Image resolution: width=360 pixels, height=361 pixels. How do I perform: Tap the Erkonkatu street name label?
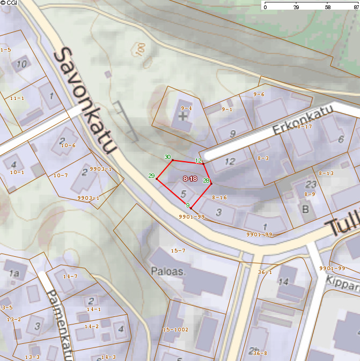coord(303,119)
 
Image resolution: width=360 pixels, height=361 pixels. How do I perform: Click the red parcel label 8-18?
coord(189,178)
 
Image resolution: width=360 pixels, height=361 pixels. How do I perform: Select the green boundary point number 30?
coord(167,157)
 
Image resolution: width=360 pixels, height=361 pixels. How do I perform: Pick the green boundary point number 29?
coord(151,176)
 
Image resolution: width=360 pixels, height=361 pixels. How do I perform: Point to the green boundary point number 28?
coord(206,180)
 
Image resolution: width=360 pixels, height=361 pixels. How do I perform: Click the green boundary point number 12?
coord(199,161)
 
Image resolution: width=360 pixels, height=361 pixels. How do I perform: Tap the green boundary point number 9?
coord(187,205)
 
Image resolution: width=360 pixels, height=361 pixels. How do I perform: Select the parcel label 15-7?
coord(178,251)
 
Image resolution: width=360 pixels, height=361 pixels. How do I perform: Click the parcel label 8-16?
coord(219,198)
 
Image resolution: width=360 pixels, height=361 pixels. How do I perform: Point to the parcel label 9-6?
coord(259,94)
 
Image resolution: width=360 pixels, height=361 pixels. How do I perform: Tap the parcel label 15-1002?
coord(175,329)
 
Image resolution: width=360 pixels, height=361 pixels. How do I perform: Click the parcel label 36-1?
coord(265,272)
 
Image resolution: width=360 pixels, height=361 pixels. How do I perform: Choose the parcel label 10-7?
coord(61,175)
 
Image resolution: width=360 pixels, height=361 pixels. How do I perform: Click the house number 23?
coord(311,183)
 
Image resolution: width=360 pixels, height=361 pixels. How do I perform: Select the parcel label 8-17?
coord(304,127)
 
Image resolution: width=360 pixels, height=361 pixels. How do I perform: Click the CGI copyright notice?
coord(9,3)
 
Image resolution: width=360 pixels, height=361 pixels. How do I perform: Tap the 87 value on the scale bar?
coord(352,8)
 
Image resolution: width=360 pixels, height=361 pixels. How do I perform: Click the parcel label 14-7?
coord(70,276)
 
